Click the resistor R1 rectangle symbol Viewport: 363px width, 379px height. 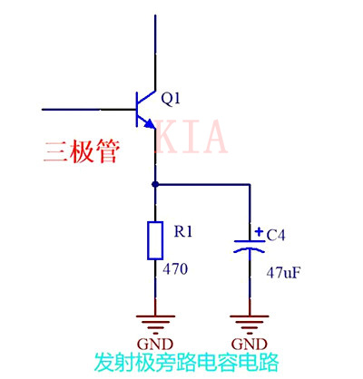click(x=156, y=239)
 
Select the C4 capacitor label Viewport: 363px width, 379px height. click(x=276, y=235)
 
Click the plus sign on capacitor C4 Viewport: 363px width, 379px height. click(x=259, y=231)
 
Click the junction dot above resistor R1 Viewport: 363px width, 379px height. click(x=156, y=184)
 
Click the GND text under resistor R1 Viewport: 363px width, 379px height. click(x=156, y=345)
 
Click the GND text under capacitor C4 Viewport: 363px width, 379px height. click(x=247, y=345)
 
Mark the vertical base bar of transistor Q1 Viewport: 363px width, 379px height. click(x=135, y=109)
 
